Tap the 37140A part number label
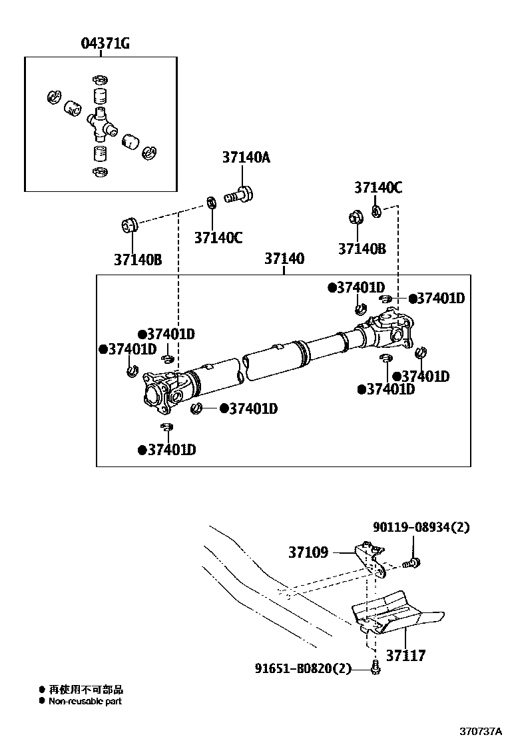pos(246,158)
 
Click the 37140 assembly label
pos(284,259)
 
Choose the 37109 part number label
pos(308,552)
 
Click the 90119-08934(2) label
pos(421,527)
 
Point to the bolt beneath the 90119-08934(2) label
pos(411,564)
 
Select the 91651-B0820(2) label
pos(303,668)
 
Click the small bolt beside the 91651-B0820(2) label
pos(374,667)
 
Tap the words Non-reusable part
pos(85,701)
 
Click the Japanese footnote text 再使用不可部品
pos(86,690)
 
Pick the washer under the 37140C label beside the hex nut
pos(376,212)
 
